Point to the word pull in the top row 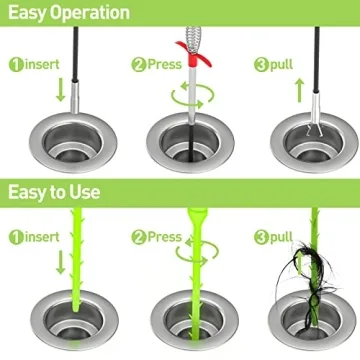279,65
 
